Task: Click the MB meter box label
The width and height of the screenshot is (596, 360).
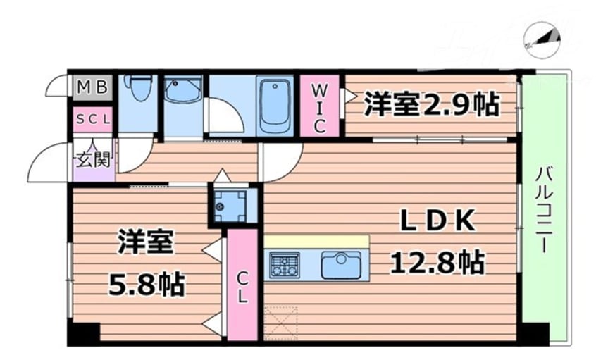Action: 92,88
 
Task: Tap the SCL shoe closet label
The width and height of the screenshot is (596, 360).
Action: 93,120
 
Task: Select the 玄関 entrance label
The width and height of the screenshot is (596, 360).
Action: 92,159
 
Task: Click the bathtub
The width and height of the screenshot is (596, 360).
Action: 275,105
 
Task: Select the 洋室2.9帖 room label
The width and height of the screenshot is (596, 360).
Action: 431,104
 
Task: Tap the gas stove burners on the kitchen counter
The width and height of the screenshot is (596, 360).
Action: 285,265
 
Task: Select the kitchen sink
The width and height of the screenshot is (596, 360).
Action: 340,265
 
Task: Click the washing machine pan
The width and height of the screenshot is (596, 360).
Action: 230,206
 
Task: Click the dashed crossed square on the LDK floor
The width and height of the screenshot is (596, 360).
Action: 280,323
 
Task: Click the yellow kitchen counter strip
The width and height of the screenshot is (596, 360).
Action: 316,242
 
